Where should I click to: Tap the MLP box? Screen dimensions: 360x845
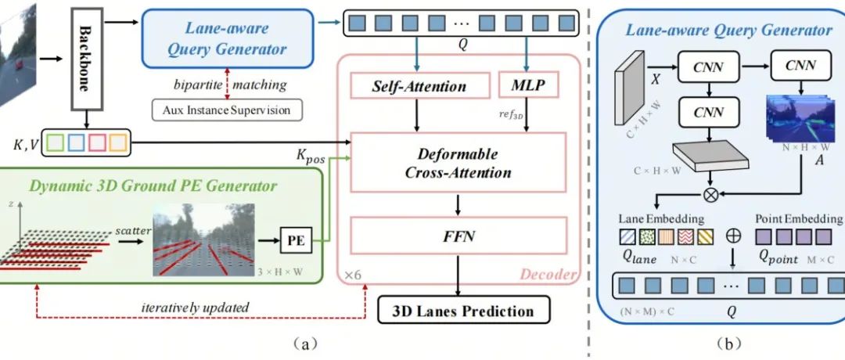tap(528, 84)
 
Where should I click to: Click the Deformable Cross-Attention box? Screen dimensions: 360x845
tap(458, 162)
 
